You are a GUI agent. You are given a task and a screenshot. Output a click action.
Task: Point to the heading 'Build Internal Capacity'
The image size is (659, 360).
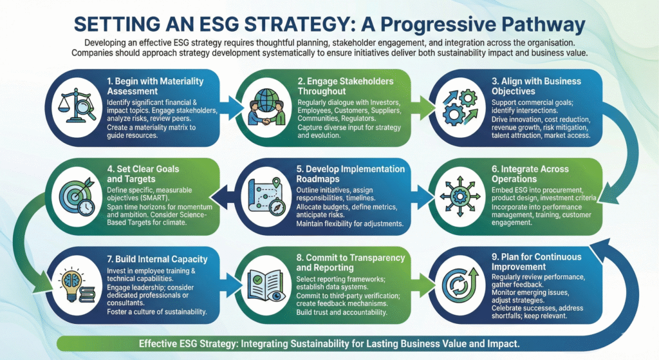pos(157,260)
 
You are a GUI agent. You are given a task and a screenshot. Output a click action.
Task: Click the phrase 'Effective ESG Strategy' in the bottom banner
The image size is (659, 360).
pos(188,343)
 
